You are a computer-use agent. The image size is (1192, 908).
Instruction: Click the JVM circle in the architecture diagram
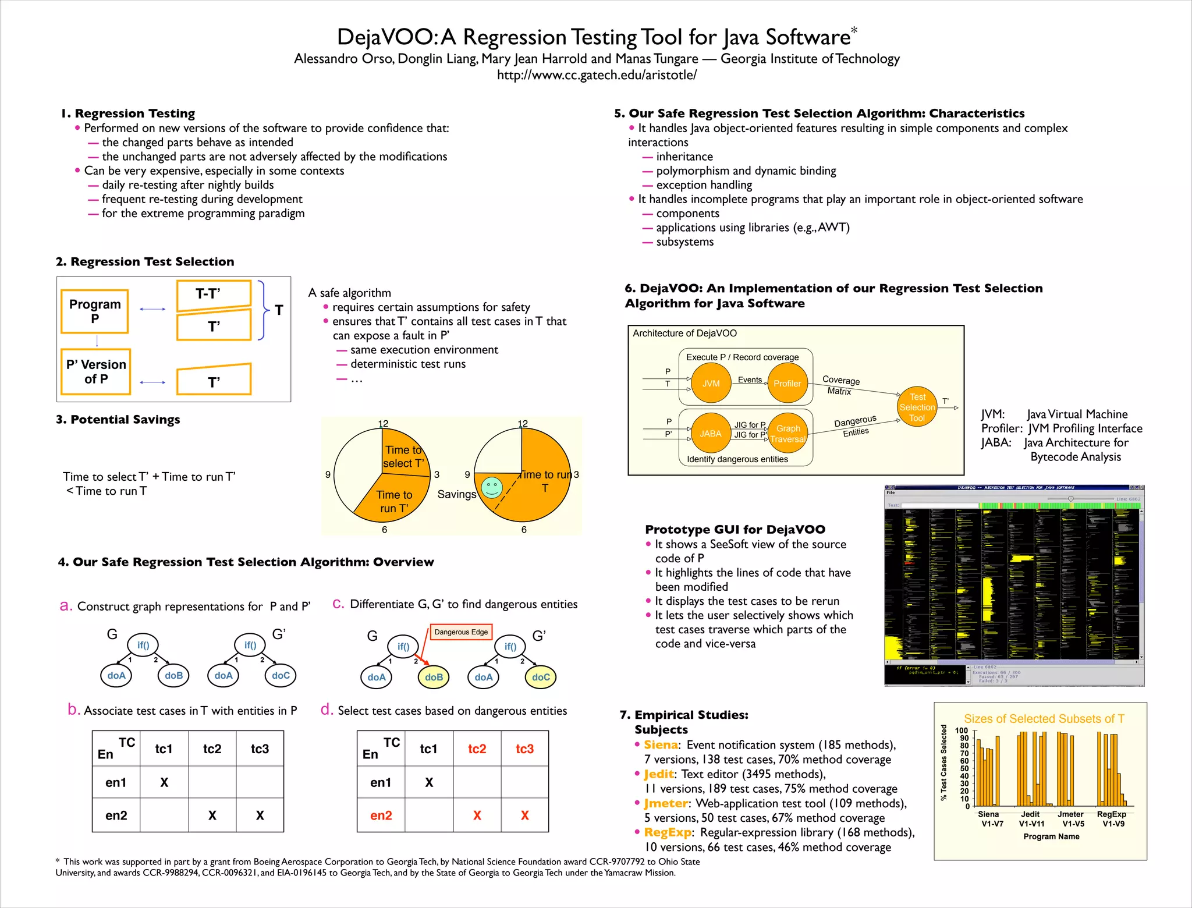(x=711, y=383)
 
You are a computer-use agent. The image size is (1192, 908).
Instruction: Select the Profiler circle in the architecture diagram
(x=787, y=383)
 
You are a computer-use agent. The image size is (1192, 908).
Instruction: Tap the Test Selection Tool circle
(x=917, y=407)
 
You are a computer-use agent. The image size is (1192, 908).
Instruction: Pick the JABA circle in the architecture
(x=710, y=433)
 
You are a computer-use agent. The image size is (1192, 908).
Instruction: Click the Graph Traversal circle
(x=787, y=433)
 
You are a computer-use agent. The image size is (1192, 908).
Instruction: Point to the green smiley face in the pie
(x=492, y=487)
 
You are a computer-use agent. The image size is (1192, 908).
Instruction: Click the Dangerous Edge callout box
(x=461, y=632)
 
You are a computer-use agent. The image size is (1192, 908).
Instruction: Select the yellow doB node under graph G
(x=434, y=677)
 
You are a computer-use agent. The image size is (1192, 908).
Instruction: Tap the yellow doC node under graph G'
(x=541, y=677)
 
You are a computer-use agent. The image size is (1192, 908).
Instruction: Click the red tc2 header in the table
(x=477, y=749)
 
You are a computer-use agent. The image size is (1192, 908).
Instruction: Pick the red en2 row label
(x=381, y=815)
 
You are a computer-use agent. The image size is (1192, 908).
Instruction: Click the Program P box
(x=95, y=311)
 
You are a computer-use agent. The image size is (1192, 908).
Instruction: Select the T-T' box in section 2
(x=213, y=294)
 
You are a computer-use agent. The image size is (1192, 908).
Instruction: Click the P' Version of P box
(x=96, y=371)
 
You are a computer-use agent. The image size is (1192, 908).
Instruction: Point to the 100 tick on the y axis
(x=961, y=730)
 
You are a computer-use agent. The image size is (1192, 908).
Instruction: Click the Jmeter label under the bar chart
(x=1070, y=814)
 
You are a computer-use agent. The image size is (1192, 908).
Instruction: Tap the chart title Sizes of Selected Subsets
(x=1044, y=719)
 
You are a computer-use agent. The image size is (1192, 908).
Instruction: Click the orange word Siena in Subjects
(x=661, y=745)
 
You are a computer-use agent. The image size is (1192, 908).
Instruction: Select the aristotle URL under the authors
(x=597, y=75)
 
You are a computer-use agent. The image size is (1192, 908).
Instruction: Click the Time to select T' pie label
(x=403, y=456)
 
